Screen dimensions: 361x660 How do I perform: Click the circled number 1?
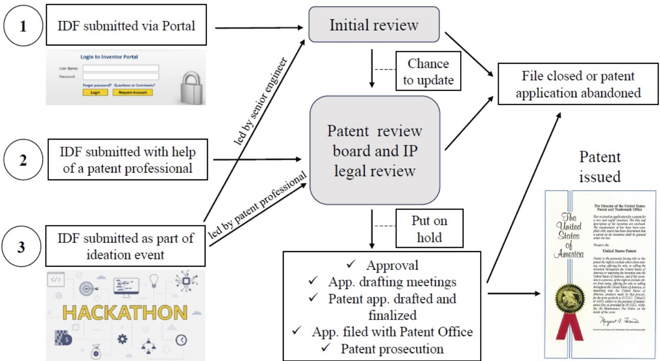(x=23, y=26)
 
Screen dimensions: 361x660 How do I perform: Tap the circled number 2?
(x=23, y=160)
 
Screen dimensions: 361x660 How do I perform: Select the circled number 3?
(x=21, y=247)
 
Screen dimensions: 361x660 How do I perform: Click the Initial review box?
(x=374, y=25)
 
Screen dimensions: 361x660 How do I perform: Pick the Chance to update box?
(x=428, y=71)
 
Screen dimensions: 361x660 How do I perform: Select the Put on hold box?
(x=429, y=229)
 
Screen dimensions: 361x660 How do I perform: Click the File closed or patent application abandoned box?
(x=578, y=84)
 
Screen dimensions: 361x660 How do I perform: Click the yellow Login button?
(x=95, y=92)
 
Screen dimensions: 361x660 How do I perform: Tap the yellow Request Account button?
(x=133, y=92)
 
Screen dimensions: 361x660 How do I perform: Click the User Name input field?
(x=121, y=68)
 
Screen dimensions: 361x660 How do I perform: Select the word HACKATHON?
(x=125, y=313)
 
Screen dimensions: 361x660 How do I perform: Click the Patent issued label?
(x=600, y=167)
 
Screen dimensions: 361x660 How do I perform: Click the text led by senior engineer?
(x=260, y=101)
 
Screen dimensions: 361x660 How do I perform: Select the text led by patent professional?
(x=258, y=205)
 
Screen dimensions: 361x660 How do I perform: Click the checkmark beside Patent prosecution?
(x=326, y=348)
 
